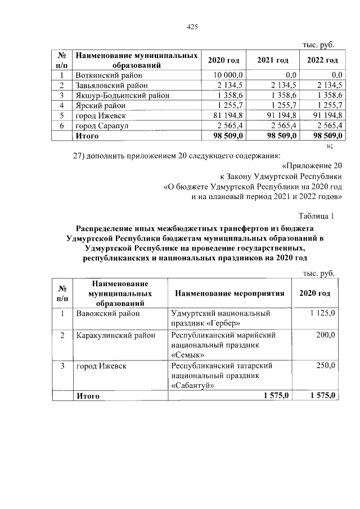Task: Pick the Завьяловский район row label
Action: point(111,85)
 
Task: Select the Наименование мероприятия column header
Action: point(229,294)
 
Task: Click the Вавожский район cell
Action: point(107,313)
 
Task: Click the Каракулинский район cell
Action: point(115,335)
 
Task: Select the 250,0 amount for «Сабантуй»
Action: point(325,366)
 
